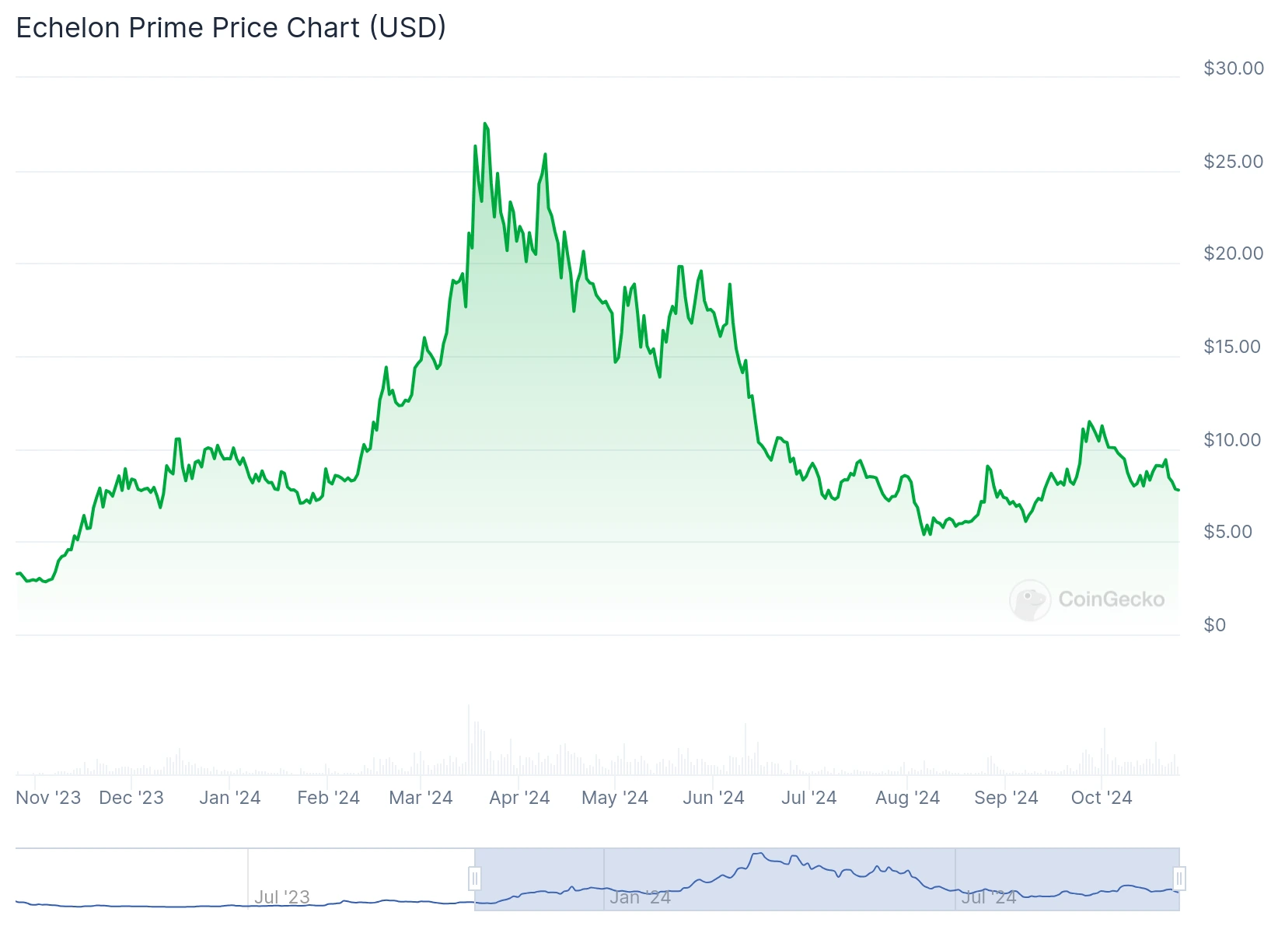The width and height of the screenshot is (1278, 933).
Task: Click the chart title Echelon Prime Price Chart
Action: (x=231, y=28)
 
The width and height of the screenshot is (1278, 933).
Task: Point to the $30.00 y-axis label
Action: (x=1233, y=68)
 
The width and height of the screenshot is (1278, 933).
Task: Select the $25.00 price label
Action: (x=1233, y=162)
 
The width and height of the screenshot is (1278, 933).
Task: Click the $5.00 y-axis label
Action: (x=1227, y=532)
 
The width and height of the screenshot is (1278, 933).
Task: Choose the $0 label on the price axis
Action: (x=1214, y=625)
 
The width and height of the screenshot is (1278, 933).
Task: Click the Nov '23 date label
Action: (x=48, y=798)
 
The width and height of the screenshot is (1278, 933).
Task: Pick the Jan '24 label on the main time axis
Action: (x=229, y=798)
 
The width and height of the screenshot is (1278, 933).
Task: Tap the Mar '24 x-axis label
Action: (x=421, y=798)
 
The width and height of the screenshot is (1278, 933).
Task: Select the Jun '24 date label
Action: (x=713, y=798)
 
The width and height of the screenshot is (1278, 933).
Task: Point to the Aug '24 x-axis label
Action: (x=907, y=798)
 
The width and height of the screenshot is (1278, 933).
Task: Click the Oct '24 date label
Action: (x=1101, y=798)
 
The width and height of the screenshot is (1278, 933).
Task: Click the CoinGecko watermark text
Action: (x=1111, y=599)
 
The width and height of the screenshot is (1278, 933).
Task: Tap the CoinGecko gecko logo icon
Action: (x=1029, y=600)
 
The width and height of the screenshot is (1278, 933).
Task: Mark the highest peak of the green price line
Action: (x=485, y=124)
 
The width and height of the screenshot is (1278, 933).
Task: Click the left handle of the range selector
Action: (x=474, y=879)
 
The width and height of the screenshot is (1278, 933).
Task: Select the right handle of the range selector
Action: (x=1178, y=879)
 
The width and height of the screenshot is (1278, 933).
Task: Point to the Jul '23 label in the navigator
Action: (x=281, y=897)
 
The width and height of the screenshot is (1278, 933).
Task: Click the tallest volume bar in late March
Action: (x=469, y=739)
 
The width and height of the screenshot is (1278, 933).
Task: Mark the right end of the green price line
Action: (x=1178, y=490)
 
